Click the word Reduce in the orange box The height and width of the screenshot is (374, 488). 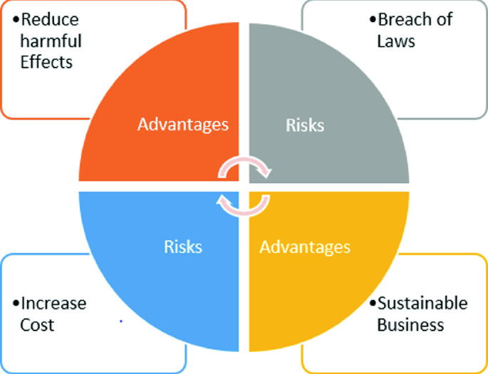(49, 19)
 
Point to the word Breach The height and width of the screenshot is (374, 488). (405, 19)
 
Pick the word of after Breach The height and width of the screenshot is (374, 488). (445, 19)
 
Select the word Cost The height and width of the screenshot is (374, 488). (38, 325)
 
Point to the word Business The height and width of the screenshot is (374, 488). (410, 325)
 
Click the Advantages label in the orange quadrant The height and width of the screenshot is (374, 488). (183, 125)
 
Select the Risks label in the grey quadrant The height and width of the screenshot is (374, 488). (305, 125)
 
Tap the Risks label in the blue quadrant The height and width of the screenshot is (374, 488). (183, 246)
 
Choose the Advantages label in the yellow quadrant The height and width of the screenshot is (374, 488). (305, 247)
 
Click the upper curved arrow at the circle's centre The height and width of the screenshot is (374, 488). (246, 166)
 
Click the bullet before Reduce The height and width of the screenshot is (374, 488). (16, 19)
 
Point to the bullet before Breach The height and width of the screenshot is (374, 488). (373, 19)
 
